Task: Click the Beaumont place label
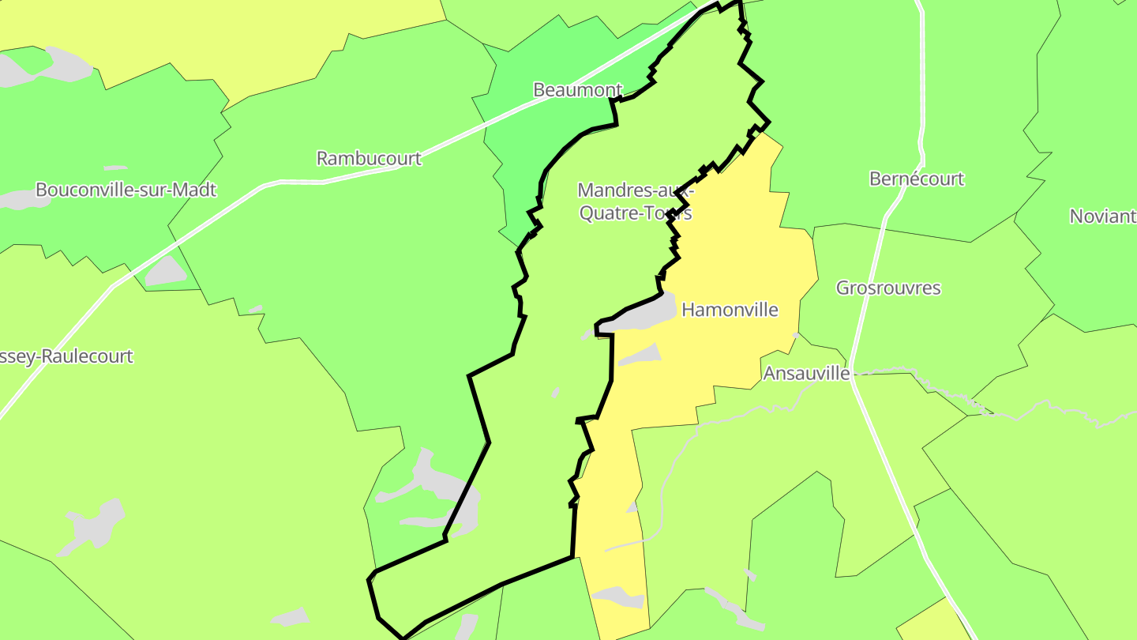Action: point(577,90)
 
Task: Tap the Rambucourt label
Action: point(369,159)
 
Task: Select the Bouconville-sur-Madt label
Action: point(126,190)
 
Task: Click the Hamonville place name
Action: point(730,310)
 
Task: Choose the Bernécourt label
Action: point(916,179)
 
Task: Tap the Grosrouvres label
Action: point(888,288)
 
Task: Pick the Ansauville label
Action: point(805,373)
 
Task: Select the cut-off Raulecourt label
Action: point(66,356)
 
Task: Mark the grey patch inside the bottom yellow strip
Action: point(620,597)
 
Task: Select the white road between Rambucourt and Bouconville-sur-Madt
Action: point(237,204)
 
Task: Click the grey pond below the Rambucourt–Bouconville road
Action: point(166,273)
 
